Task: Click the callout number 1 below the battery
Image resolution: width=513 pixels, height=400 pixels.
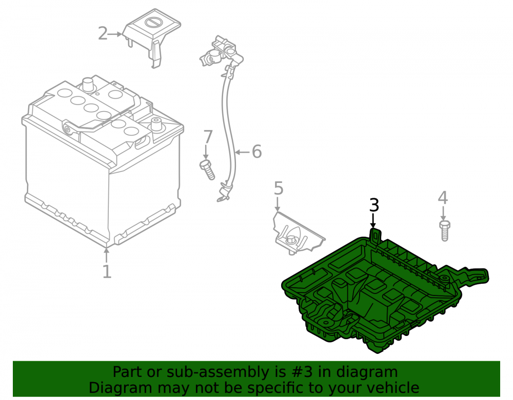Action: (107, 271)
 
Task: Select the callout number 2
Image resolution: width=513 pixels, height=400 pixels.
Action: (103, 34)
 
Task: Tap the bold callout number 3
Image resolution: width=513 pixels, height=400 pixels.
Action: (374, 205)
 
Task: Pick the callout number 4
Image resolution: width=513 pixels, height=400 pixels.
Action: (443, 198)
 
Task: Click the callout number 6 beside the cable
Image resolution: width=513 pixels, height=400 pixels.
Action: (257, 152)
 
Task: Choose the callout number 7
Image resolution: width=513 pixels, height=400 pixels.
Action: (208, 137)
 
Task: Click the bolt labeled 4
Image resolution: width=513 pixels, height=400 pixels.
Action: (444, 230)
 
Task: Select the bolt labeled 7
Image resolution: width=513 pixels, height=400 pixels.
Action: (207, 170)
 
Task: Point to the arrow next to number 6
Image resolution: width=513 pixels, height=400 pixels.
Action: (243, 152)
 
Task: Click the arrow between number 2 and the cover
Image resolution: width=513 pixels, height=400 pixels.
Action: (115, 34)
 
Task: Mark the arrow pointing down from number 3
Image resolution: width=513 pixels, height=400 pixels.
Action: (373, 220)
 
